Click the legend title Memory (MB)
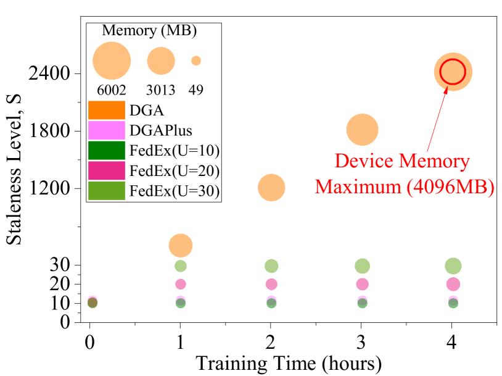click(x=153, y=31)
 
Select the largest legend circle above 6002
click(x=112, y=61)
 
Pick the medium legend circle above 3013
click(x=161, y=61)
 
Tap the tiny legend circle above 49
click(x=196, y=61)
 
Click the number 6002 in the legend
click(x=112, y=90)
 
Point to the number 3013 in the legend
click(x=161, y=90)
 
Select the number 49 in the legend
click(x=196, y=90)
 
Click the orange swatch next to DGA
click(x=106, y=111)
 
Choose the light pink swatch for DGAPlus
click(x=106, y=130)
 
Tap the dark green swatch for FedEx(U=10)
click(x=106, y=151)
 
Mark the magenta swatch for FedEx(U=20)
click(x=106, y=170)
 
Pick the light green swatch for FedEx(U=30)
click(x=106, y=191)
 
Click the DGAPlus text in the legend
click(x=161, y=131)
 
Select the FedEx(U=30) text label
click(x=175, y=191)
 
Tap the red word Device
click(x=364, y=162)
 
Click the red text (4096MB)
click(x=450, y=186)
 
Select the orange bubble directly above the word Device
click(x=362, y=130)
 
